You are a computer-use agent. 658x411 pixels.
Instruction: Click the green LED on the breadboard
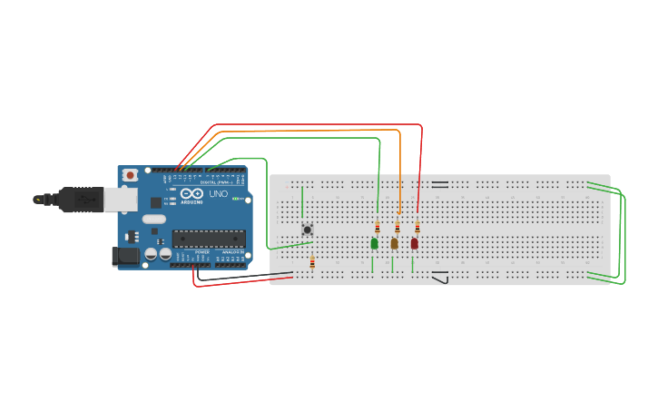[x=374, y=243]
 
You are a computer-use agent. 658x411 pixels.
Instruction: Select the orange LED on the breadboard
[x=394, y=243]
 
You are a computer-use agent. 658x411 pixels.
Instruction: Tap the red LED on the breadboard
[x=415, y=243]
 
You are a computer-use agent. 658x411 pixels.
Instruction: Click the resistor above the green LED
[x=378, y=228]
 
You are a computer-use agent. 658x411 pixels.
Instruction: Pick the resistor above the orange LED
[x=398, y=228]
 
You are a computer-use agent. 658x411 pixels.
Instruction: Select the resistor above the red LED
[x=417, y=228]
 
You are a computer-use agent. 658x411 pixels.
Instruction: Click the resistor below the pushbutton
[x=312, y=263]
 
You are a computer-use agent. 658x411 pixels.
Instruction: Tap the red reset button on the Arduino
[x=130, y=175]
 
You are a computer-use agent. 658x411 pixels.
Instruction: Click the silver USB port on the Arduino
[x=119, y=199]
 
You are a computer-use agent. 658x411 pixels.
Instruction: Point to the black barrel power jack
[x=126, y=257]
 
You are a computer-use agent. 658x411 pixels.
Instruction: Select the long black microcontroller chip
[x=209, y=239]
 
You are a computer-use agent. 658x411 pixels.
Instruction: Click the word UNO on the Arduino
[x=219, y=194]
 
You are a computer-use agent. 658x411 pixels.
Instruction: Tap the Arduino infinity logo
[x=192, y=193]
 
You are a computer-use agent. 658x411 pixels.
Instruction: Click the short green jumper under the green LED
[x=372, y=265]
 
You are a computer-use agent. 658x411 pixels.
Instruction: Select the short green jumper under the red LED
[x=412, y=265]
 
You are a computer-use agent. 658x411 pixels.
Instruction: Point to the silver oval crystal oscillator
[x=154, y=219]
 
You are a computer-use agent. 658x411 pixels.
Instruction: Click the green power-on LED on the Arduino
[x=237, y=199]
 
